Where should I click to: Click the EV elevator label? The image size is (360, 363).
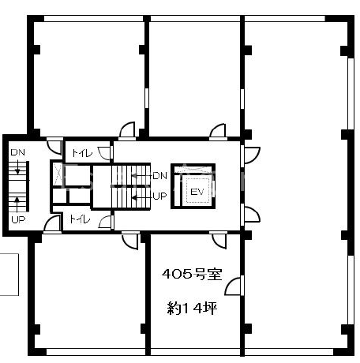[x=197, y=192]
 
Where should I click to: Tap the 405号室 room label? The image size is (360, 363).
[x=192, y=274]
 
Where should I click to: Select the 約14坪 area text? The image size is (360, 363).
[x=192, y=308]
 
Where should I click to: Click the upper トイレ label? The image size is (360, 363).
[x=82, y=153]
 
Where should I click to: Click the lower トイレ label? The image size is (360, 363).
[x=80, y=219]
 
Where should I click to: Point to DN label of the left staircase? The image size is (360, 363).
[x=18, y=152]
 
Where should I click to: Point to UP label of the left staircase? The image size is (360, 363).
[x=18, y=219]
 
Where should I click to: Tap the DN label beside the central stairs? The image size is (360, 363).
[x=159, y=176]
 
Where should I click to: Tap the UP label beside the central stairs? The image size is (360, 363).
[x=159, y=196]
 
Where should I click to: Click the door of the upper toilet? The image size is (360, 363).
[x=105, y=153]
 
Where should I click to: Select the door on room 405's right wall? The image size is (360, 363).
[x=234, y=286]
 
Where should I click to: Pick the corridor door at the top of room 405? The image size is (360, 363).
[x=219, y=240]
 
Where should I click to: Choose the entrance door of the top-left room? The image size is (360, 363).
[x=127, y=130]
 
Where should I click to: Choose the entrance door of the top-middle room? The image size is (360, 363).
[x=218, y=132]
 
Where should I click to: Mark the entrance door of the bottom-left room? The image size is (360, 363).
[x=130, y=240]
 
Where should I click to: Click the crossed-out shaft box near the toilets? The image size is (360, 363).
[x=58, y=174]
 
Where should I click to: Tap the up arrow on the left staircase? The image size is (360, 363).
[x=17, y=204]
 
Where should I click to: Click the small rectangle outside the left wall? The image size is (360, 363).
[x=9, y=275]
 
